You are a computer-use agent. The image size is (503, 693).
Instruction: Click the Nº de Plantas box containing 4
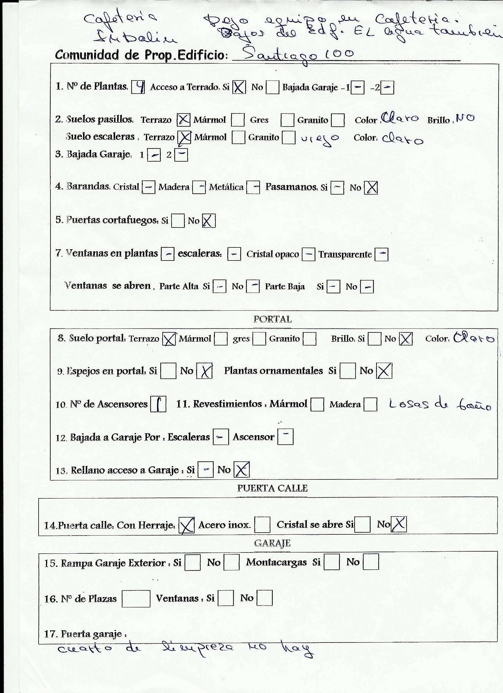click(x=138, y=87)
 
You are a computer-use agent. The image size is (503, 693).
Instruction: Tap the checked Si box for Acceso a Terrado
click(x=239, y=87)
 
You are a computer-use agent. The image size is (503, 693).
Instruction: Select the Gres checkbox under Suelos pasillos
click(x=287, y=120)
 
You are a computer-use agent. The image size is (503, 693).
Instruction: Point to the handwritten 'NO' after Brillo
click(x=465, y=118)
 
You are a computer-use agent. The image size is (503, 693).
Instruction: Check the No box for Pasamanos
click(x=371, y=188)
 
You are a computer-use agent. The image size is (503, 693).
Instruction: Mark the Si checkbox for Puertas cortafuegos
click(x=178, y=221)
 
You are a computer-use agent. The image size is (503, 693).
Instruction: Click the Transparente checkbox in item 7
click(x=381, y=254)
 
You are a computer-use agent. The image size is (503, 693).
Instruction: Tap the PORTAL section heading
click(x=272, y=320)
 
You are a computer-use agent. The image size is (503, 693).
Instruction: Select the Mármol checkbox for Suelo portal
click(x=221, y=339)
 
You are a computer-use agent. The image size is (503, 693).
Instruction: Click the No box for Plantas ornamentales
click(x=384, y=371)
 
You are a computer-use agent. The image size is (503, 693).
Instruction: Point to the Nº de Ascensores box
click(x=158, y=404)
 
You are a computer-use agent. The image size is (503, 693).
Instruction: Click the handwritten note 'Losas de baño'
click(x=440, y=405)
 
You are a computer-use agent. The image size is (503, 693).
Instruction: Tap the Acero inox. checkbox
click(x=262, y=525)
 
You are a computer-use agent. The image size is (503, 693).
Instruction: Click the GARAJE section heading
click(x=272, y=543)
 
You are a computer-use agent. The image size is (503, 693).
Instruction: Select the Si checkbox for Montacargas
click(x=331, y=562)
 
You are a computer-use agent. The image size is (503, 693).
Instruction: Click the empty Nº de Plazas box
click(x=136, y=599)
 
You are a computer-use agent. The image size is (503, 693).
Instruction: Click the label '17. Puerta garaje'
click(x=85, y=634)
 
